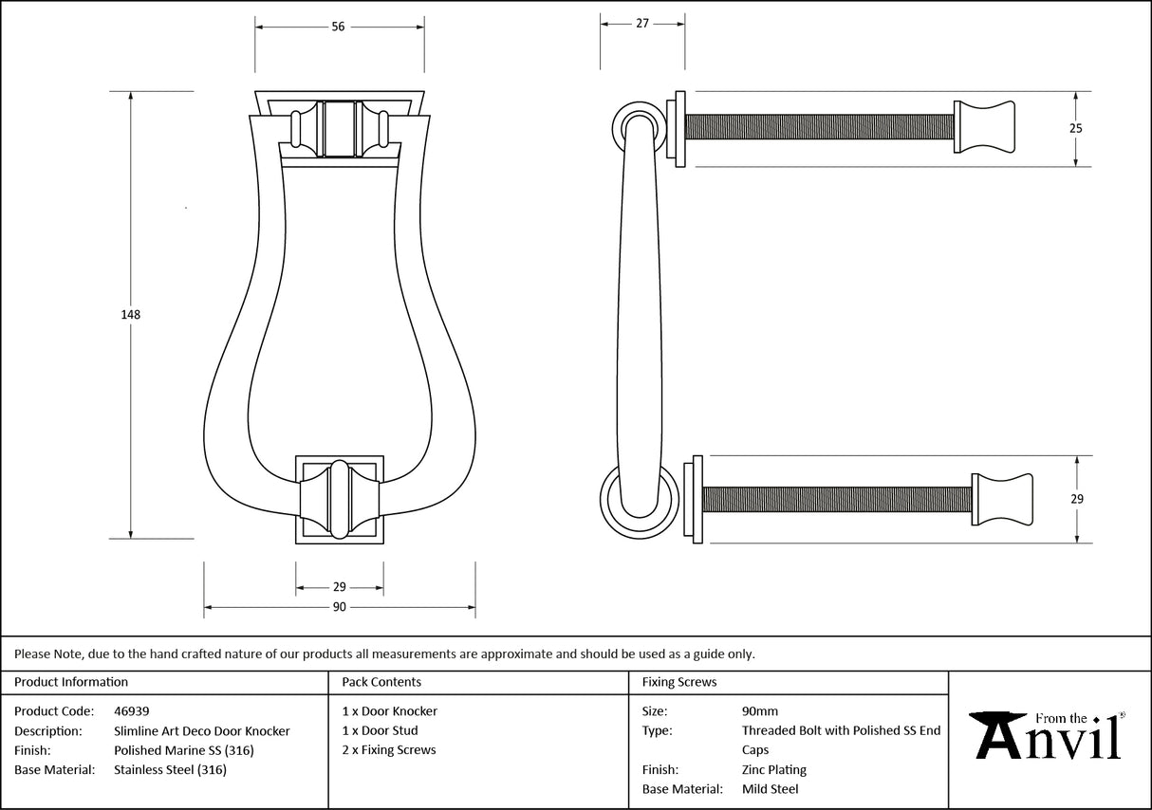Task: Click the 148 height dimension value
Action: [x=131, y=315]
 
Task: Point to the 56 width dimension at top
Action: [x=338, y=27]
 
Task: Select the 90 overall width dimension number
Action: [x=339, y=607]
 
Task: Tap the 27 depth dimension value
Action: [x=642, y=24]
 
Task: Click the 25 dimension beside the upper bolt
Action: [x=1076, y=128]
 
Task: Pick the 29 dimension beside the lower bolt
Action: [x=1077, y=499]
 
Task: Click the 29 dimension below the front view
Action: [x=340, y=587]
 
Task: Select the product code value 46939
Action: [x=131, y=711]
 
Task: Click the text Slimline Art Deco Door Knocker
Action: [x=201, y=731]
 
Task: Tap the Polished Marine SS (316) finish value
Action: [x=183, y=750]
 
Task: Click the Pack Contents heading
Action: [x=381, y=682]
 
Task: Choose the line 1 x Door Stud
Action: [x=380, y=731]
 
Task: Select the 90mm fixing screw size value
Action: [x=759, y=711]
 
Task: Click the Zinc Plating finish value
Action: [x=773, y=770]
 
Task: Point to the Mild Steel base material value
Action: [x=770, y=789]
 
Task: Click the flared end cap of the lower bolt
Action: [x=1002, y=499]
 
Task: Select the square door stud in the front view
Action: [x=340, y=500]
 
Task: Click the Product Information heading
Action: [x=71, y=682]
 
